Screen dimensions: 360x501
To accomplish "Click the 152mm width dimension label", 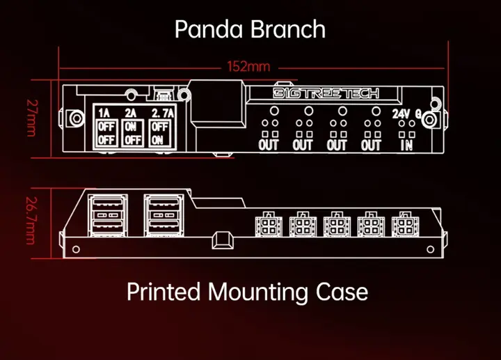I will coord(248,68).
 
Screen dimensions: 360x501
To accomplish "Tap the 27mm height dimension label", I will coord(31,118).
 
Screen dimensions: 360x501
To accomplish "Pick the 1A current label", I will coord(104,113).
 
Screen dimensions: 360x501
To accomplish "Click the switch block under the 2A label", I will coord(132,133).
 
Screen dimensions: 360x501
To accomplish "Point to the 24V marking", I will coord(401,114).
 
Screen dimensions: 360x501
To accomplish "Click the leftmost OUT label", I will coord(269,145).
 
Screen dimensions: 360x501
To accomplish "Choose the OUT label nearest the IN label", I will coord(371,145).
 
